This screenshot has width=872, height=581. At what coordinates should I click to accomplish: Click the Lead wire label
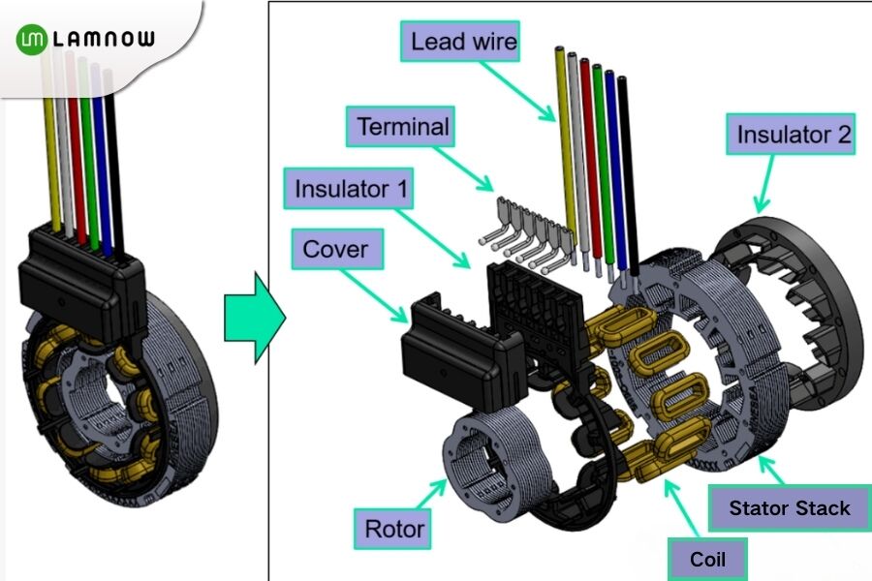coord(463,43)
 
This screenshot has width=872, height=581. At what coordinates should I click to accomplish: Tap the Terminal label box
coord(403,127)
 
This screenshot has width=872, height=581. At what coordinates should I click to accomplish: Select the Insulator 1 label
coord(350,188)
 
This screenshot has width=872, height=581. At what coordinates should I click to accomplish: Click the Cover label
coord(335,250)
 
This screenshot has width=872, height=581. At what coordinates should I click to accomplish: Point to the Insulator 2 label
coord(794,135)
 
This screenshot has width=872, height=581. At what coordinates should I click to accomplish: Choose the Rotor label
coord(393,529)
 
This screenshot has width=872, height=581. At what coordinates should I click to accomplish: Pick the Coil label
coord(707,559)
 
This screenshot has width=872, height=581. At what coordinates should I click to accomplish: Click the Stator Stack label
coord(789,508)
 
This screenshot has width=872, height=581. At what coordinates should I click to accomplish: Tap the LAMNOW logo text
coord(102,40)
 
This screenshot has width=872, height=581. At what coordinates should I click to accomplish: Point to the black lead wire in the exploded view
coord(627,165)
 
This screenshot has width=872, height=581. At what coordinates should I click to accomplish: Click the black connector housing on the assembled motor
coord(82,276)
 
